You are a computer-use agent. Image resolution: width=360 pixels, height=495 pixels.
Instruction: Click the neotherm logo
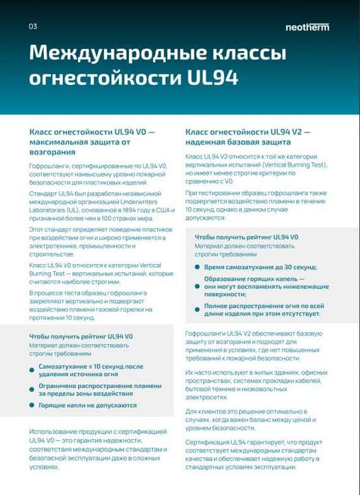(307, 27)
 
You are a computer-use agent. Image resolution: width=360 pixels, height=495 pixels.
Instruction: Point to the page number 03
(33, 27)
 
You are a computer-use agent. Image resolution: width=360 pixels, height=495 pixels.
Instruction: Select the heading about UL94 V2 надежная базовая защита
(248, 137)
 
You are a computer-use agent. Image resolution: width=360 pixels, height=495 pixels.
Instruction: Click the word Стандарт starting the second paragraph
(45, 191)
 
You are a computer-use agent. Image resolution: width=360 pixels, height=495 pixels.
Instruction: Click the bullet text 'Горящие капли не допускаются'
(87, 405)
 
